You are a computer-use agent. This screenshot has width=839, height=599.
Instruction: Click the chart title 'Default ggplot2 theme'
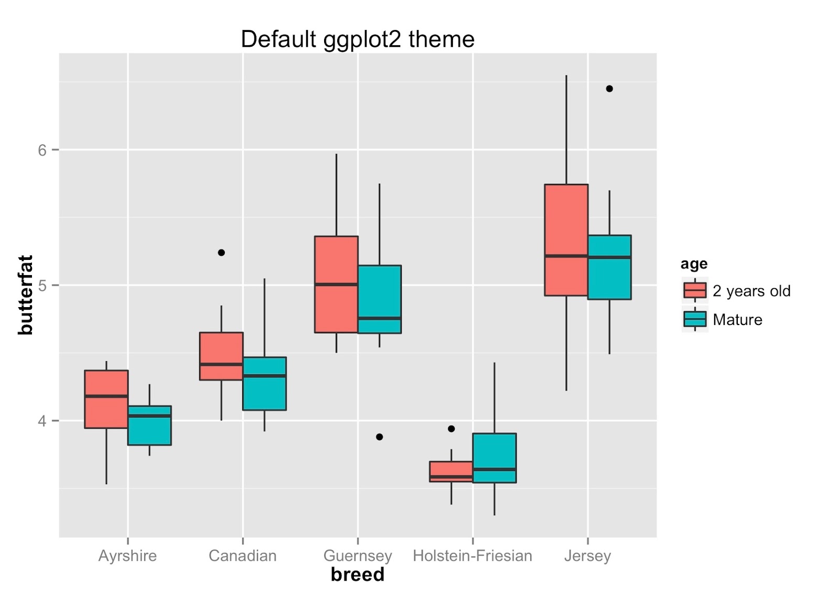click(358, 39)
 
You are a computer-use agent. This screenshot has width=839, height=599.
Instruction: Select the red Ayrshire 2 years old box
click(106, 399)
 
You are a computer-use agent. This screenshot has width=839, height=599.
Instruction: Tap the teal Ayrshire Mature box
click(149, 426)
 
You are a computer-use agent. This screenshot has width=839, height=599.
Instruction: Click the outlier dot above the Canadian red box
click(221, 253)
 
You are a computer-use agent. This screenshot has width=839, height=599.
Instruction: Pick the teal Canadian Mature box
click(264, 384)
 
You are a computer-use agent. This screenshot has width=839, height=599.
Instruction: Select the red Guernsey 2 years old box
click(336, 284)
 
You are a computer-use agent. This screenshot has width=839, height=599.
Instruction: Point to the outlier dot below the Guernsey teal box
click(380, 437)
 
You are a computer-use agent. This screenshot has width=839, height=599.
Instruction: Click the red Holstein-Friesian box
click(451, 471)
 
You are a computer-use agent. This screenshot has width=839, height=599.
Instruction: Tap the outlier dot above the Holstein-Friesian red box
click(451, 429)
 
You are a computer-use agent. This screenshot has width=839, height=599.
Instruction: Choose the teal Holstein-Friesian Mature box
click(494, 458)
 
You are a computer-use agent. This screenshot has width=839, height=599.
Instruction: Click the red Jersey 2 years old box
click(566, 240)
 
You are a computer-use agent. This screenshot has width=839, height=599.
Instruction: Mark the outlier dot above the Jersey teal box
click(609, 89)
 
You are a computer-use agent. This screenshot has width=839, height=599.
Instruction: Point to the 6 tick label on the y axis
click(42, 150)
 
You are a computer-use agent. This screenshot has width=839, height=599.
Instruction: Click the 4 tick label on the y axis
click(42, 421)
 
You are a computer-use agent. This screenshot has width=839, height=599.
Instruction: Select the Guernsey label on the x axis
click(358, 556)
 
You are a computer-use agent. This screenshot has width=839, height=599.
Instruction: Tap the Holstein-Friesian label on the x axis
click(472, 556)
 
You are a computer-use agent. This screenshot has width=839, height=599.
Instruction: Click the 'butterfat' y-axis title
click(25, 295)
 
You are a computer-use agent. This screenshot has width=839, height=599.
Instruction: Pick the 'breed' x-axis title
click(358, 575)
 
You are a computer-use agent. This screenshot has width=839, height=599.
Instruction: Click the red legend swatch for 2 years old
click(695, 290)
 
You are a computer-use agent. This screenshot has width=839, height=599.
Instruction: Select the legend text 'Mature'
click(737, 320)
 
